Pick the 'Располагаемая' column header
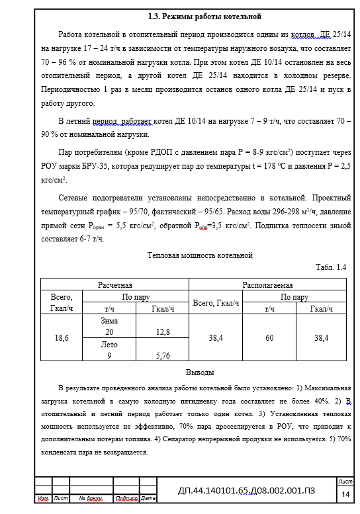click(x=269, y=283)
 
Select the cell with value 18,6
click(x=61, y=337)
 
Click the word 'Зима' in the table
click(x=109, y=320)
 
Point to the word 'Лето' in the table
click(x=109, y=345)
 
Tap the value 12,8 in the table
click(x=163, y=331)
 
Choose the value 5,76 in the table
click(x=163, y=355)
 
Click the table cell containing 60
click(x=269, y=337)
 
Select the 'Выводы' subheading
click(x=199, y=372)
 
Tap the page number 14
click(x=345, y=494)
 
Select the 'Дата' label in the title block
click(x=148, y=497)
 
